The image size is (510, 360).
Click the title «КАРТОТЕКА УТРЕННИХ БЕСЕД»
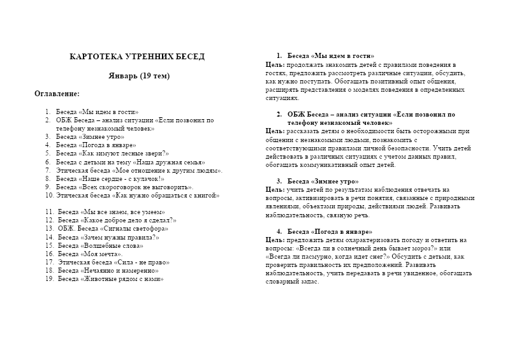[x=137, y=57]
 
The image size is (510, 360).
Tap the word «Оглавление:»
[x=57, y=94]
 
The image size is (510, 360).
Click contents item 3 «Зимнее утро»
[x=90, y=136]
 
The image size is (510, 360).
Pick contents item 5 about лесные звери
[x=112, y=154]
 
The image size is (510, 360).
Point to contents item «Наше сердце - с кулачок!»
[x=110, y=179]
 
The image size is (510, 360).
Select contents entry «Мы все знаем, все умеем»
[x=111, y=212]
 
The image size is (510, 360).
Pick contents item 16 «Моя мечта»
[x=91, y=254]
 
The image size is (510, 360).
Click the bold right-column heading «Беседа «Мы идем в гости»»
[x=331, y=56]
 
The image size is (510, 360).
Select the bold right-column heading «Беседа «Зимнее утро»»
[x=323, y=181]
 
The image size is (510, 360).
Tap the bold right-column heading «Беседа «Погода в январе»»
[x=330, y=231]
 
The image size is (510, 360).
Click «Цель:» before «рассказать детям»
[x=275, y=131]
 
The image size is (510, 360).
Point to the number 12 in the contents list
[x=49, y=220]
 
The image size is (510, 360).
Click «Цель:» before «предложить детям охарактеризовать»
[x=275, y=240]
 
